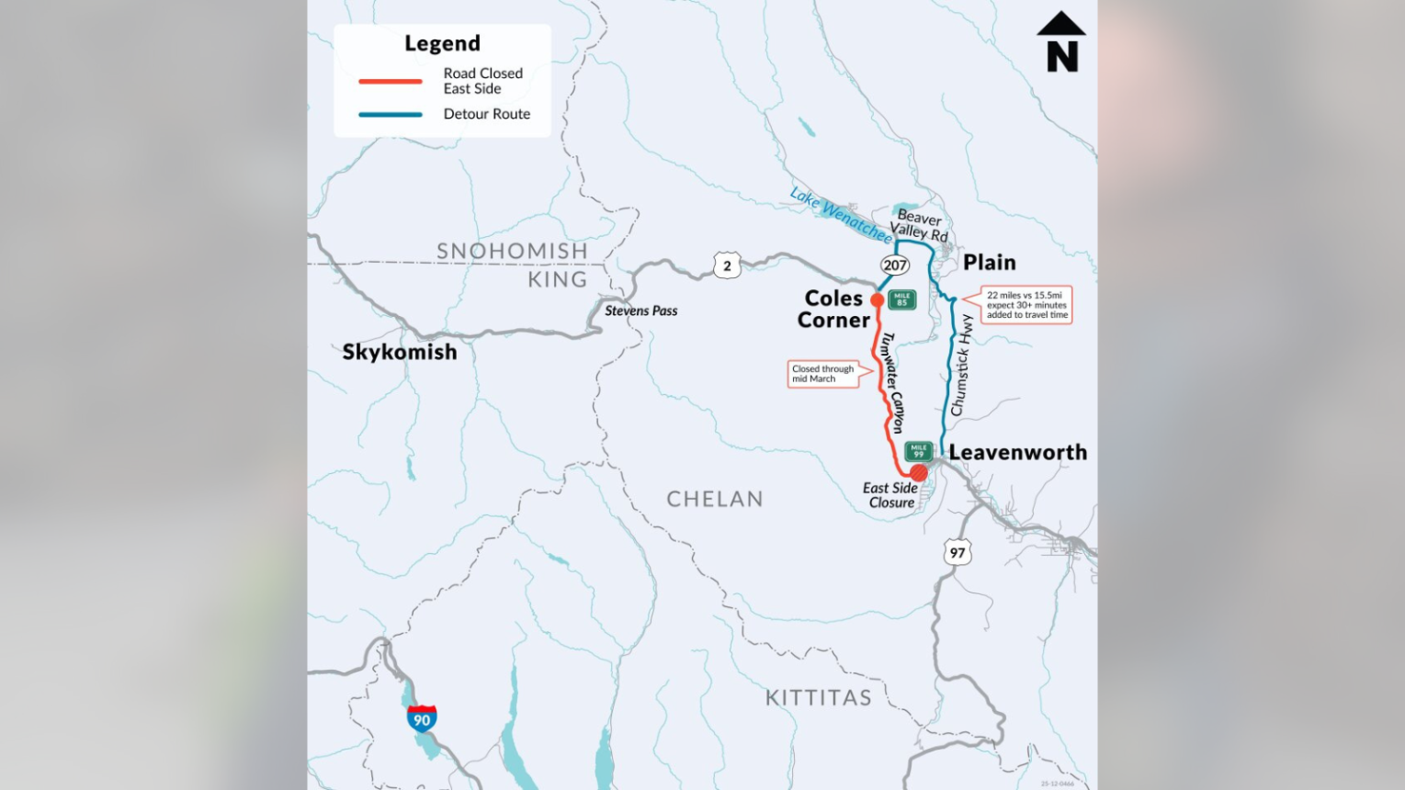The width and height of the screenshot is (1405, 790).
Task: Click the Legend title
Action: pyautogui.click(x=443, y=44)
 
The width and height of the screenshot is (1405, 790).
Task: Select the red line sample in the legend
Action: pyautogui.click(x=390, y=82)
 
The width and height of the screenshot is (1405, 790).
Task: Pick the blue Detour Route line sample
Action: pyautogui.click(x=390, y=114)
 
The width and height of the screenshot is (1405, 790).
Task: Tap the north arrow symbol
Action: pyautogui.click(x=1061, y=42)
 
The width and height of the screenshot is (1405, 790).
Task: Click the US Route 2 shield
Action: pyautogui.click(x=727, y=266)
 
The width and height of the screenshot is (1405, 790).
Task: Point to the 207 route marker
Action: pyautogui.click(x=895, y=266)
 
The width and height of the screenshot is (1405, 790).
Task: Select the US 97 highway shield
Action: pyautogui.click(x=958, y=552)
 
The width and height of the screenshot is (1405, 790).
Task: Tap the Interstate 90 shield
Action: pyautogui.click(x=422, y=719)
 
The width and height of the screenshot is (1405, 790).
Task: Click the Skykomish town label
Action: pyautogui.click(x=400, y=352)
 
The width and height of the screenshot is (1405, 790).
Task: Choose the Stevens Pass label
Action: pyautogui.click(x=641, y=311)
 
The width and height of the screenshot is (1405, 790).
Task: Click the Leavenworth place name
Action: pyautogui.click(x=1018, y=453)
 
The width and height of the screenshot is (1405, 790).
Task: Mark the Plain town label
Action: pyautogui.click(x=989, y=263)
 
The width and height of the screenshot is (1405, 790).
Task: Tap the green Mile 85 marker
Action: pyautogui.click(x=901, y=300)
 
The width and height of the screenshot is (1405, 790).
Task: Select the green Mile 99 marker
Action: pyautogui.click(x=918, y=451)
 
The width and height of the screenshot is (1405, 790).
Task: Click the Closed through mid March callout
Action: pyautogui.click(x=823, y=374)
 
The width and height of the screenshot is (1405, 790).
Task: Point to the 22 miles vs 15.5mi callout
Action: pyautogui.click(x=1026, y=305)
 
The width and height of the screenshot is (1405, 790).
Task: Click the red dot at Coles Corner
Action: pyautogui.click(x=877, y=300)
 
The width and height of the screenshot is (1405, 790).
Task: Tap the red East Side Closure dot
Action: pyautogui.click(x=919, y=473)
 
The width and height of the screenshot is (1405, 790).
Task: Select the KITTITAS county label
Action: pyautogui.click(x=819, y=698)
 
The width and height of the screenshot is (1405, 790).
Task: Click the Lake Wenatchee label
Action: pyautogui.click(x=840, y=215)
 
